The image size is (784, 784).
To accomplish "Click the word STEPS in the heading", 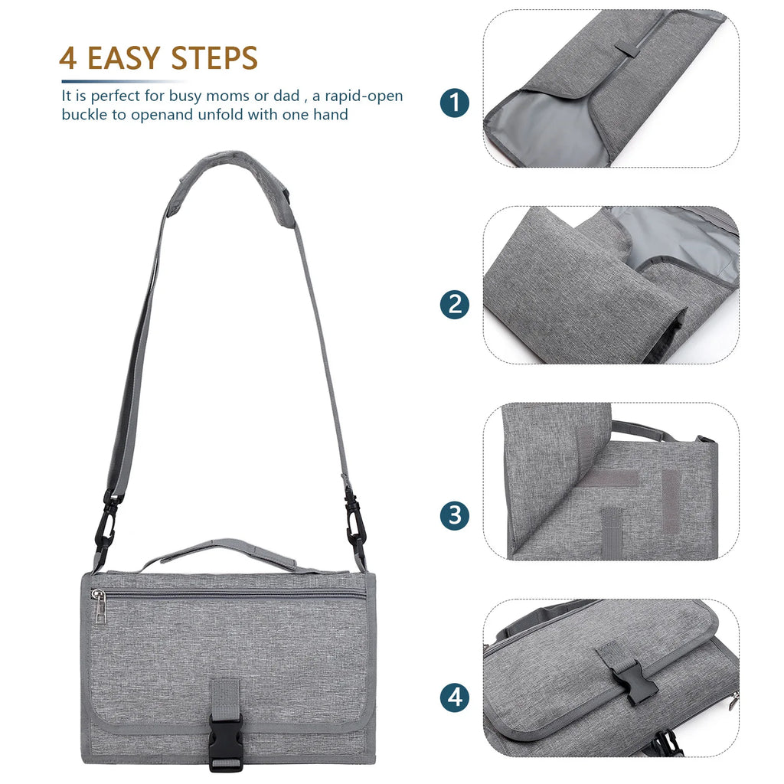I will pyautogui.click(x=215, y=58).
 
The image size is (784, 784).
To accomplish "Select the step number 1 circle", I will pyautogui.click(x=455, y=103).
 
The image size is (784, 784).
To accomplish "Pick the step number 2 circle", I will pyautogui.click(x=455, y=305).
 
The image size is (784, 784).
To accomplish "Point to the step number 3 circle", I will pyautogui.click(x=455, y=514).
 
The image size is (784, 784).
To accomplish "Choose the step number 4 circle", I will pyautogui.click(x=455, y=697).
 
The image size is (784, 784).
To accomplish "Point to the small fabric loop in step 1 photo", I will pyautogui.click(x=627, y=49).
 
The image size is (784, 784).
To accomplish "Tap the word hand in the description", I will pyautogui.click(x=331, y=115).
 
